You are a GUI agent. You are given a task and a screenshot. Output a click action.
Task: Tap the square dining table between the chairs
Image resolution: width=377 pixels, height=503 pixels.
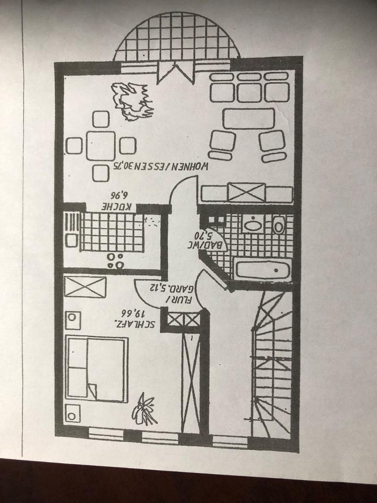tap(101, 145)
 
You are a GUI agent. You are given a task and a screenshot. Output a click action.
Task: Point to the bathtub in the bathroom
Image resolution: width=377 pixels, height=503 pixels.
tap(261, 270)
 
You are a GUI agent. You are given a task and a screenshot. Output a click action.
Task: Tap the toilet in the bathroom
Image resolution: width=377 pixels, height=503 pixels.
tap(279, 225)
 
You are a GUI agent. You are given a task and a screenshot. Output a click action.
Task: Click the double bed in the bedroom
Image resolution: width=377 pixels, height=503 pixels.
tap(97, 369)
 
